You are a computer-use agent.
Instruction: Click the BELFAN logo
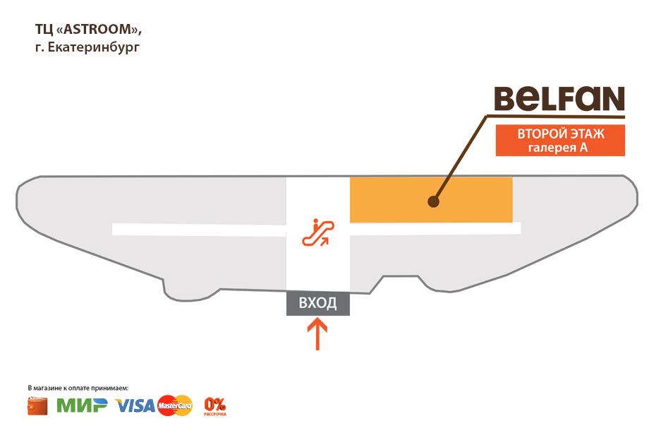click(559, 100)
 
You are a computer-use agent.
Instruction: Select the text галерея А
click(558, 148)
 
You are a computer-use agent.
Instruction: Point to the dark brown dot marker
click(433, 202)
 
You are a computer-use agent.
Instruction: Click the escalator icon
click(318, 231)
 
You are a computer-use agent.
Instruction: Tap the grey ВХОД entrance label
click(317, 304)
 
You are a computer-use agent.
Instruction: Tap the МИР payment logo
click(82, 406)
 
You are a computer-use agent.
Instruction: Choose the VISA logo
click(135, 406)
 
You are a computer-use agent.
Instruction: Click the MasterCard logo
click(176, 406)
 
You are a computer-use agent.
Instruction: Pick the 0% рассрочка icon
click(215, 406)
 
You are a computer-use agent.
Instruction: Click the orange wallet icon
click(37, 406)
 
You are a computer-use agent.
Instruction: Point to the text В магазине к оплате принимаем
click(78, 389)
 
